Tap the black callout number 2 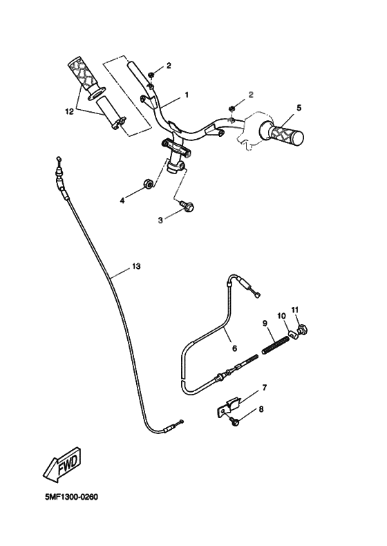pos(169,66)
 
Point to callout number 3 pos(160,220)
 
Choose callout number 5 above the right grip pos(299,108)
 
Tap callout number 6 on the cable pos(233,349)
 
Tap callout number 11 pos(294,308)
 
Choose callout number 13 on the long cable pos(135,265)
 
